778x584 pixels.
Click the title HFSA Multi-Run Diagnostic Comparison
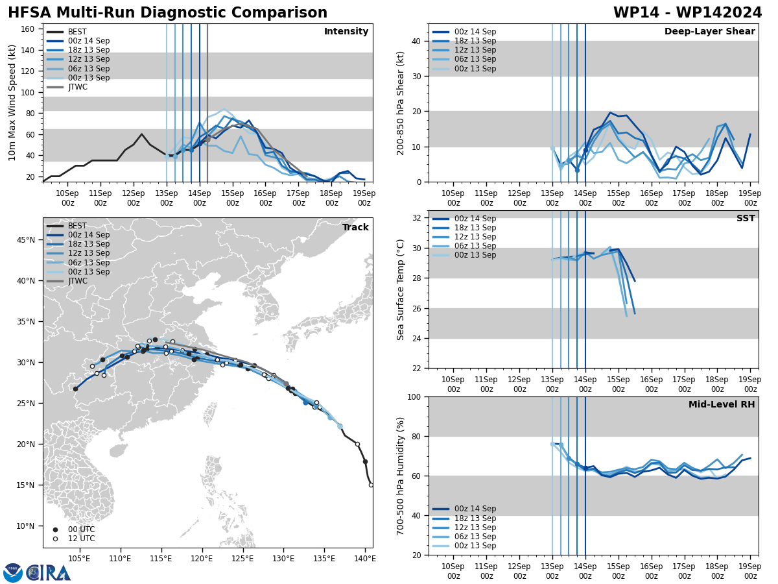167,13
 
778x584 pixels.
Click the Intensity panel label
346,32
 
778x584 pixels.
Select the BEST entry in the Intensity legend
77,32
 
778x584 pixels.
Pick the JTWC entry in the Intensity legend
77,87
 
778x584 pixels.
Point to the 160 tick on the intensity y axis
29,29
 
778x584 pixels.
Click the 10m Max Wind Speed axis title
12,103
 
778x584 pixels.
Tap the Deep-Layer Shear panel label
709,32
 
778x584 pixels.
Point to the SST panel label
746,219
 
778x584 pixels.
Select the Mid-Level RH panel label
722,405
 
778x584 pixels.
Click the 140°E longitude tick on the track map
365,558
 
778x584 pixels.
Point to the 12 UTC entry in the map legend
81,539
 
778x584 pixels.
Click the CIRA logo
37,573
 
